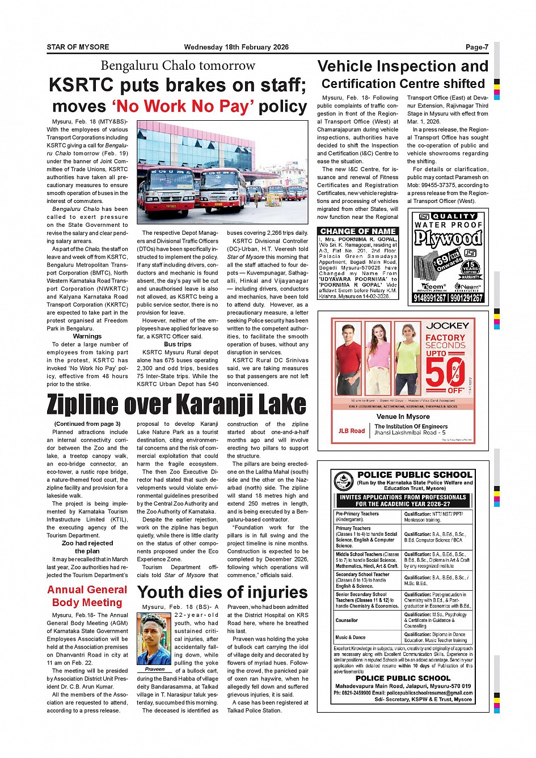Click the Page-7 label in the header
[x=476, y=47]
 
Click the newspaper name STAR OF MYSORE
[x=78, y=47]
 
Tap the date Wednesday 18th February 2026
[x=236, y=47]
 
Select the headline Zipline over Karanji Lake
[x=176, y=405]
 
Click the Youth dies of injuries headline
[x=222, y=592]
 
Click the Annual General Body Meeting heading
[x=87, y=596]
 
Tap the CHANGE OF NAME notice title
[x=358, y=231]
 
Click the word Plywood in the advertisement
[x=448, y=238]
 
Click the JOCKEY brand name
[x=448, y=325]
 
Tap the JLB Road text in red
[x=352, y=431]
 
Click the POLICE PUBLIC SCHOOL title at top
[x=415, y=475]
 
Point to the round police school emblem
[x=344, y=481]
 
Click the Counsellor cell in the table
[x=347, y=620]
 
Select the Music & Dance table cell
[x=351, y=637]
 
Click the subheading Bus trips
[x=178, y=344]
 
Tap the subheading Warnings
[x=87, y=336]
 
